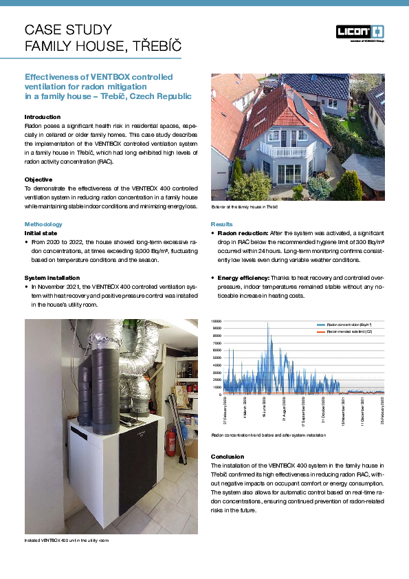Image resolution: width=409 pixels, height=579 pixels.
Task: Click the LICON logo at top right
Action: tap(360, 31)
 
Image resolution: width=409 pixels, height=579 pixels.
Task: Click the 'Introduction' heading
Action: tap(43, 117)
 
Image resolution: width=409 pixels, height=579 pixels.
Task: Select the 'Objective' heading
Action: tap(39, 179)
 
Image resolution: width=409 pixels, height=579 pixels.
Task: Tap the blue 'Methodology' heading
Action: tap(43, 224)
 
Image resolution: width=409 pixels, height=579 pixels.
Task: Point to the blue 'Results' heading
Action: tap(221, 224)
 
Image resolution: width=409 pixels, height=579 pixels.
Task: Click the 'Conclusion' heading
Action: tap(228, 457)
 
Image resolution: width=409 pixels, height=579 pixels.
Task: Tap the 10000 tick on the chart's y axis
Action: tap(215, 322)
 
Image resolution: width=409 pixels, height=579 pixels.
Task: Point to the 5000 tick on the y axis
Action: tap(217, 358)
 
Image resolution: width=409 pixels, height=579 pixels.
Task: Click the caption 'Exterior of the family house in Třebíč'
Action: tap(244, 206)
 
